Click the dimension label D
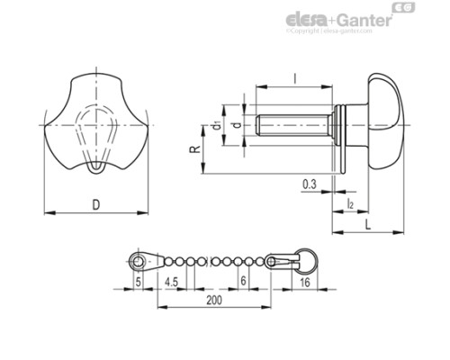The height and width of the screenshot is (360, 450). pos(95,204)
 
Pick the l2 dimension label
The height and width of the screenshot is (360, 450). pos(348,206)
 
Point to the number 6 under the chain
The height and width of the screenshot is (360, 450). pos(243,280)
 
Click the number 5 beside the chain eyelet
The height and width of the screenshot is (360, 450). pos(138,280)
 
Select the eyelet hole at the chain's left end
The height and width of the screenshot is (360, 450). pos(138,261)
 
